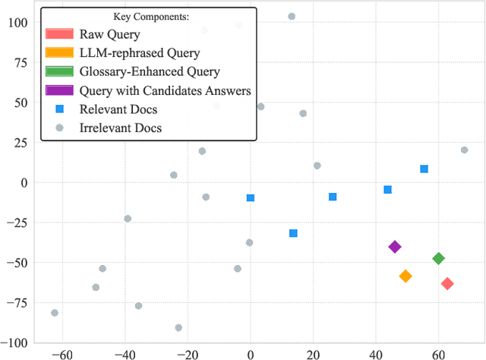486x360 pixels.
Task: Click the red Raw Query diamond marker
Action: (x=447, y=283)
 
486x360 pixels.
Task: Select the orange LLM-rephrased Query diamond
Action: (x=406, y=276)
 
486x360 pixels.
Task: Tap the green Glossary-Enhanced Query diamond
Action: (x=438, y=258)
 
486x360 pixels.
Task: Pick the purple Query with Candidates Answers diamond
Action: (x=395, y=246)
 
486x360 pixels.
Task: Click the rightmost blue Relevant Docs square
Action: (x=424, y=169)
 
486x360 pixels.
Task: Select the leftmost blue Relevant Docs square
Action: (x=251, y=197)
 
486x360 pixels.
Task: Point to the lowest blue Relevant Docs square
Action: (x=293, y=233)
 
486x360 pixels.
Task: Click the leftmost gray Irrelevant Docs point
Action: (x=54, y=313)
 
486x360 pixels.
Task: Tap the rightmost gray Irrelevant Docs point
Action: (x=464, y=150)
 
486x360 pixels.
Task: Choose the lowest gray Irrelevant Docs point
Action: (x=178, y=327)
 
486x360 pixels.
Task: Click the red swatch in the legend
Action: (x=59, y=34)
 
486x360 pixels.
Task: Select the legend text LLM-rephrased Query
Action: (x=140, y=53)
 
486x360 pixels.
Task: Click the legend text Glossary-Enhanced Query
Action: (x=150, y=72)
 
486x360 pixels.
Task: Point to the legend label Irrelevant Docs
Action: (x=121, y=128)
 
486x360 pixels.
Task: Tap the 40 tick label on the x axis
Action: (x=375, y=353)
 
